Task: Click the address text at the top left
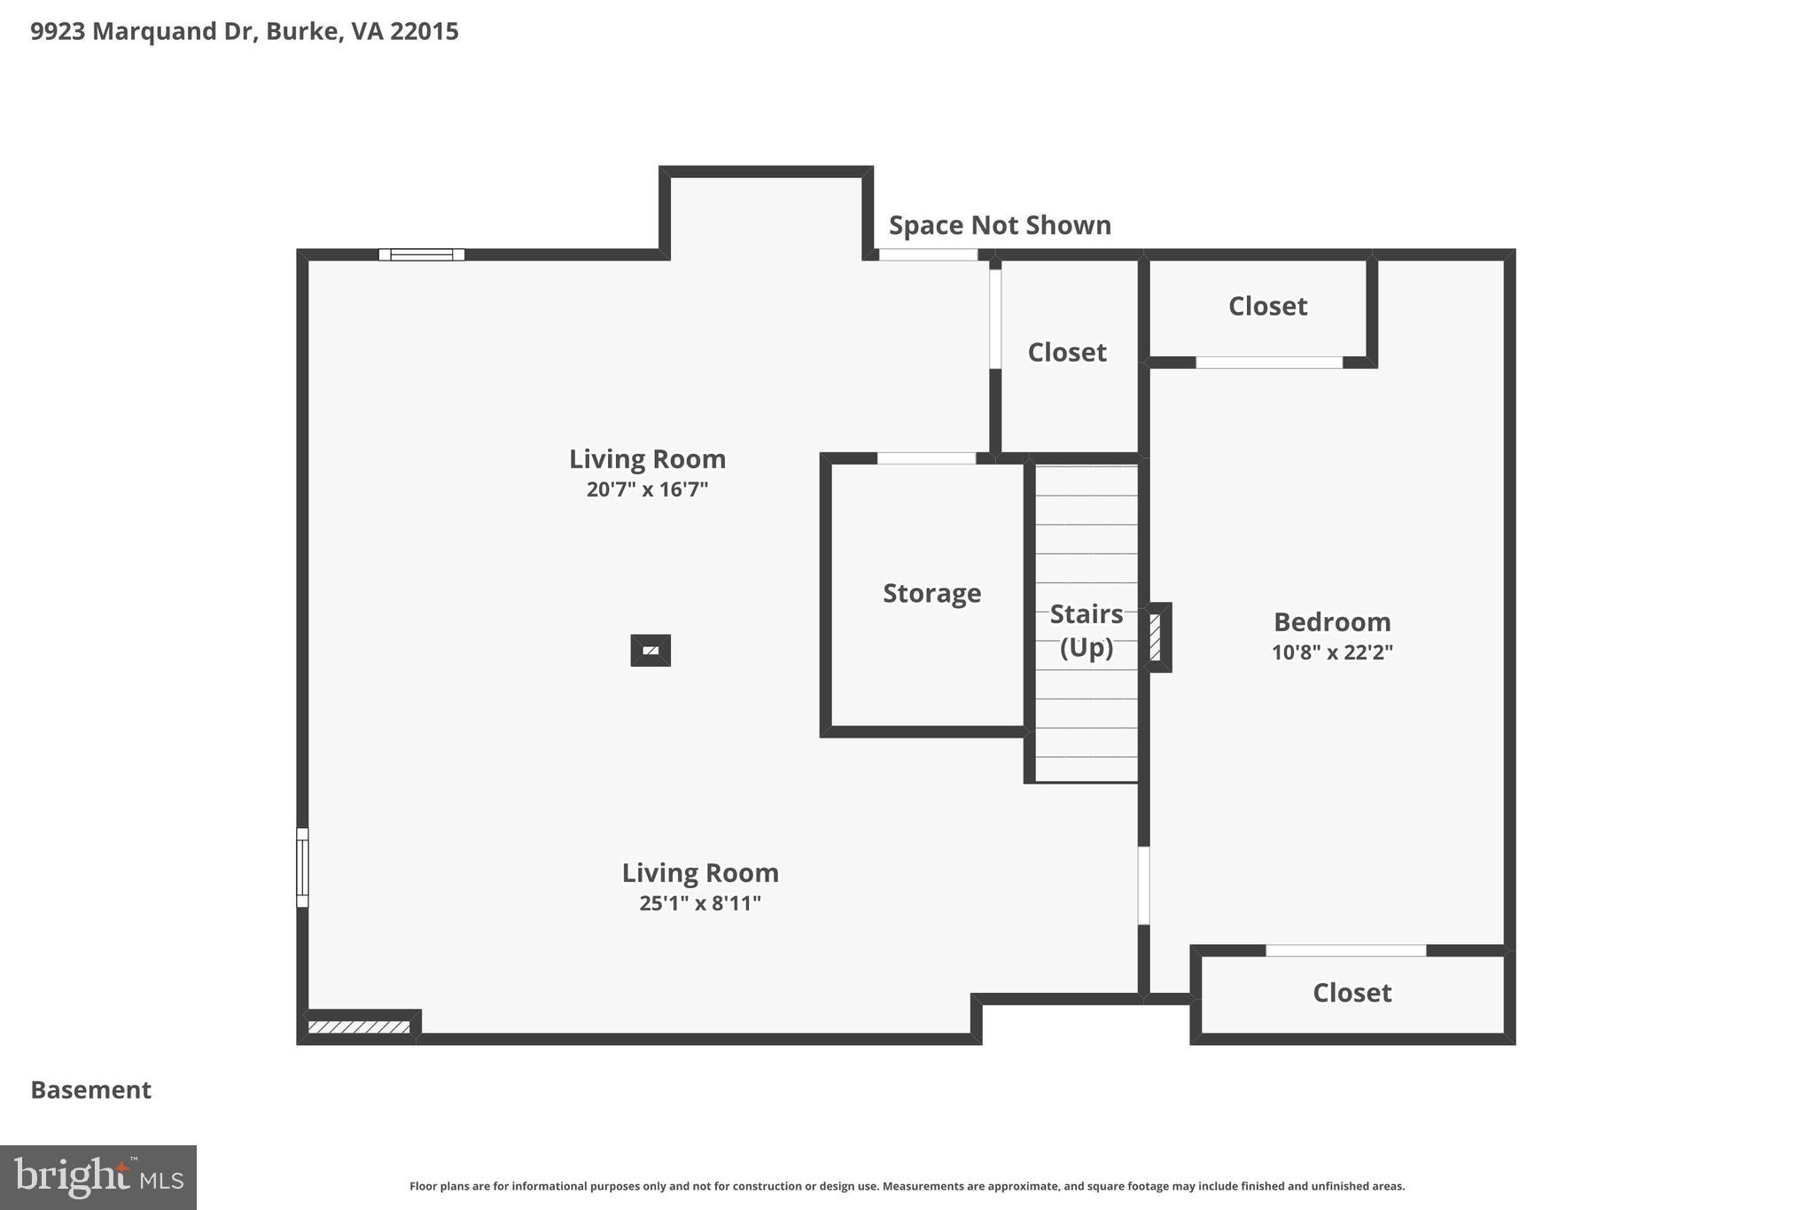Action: (x=245, y=32)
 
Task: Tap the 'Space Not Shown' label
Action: (x=1000, y=225)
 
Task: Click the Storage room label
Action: (x=931, y=593)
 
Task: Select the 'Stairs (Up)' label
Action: (x=1086, y=630)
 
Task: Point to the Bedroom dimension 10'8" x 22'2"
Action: (x=1332, y=652)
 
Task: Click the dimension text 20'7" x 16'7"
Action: (x=647, y=489)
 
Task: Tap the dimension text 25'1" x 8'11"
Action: (x=700, y=903)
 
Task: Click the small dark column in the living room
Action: (x=650, y=651)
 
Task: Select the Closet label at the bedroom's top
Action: (x=1267, y=306)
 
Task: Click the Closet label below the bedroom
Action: (x=1352, y=992)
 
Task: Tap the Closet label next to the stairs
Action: (x=1067, y=352)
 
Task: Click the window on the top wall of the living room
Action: (x=422, y=254)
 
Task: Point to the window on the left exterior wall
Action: (x=302, y=867)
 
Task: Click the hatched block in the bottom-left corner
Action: (x=359, y=1027)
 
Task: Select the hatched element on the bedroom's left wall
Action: (x=1156, y=636)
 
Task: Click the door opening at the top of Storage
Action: (x=926, y=458)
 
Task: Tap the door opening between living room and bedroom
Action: (x=1143, y=886)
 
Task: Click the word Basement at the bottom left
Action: (x=91, y=1089)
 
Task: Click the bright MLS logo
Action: (x=98, y=1177)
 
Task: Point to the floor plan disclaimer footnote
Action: (x=907, y=1186)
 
